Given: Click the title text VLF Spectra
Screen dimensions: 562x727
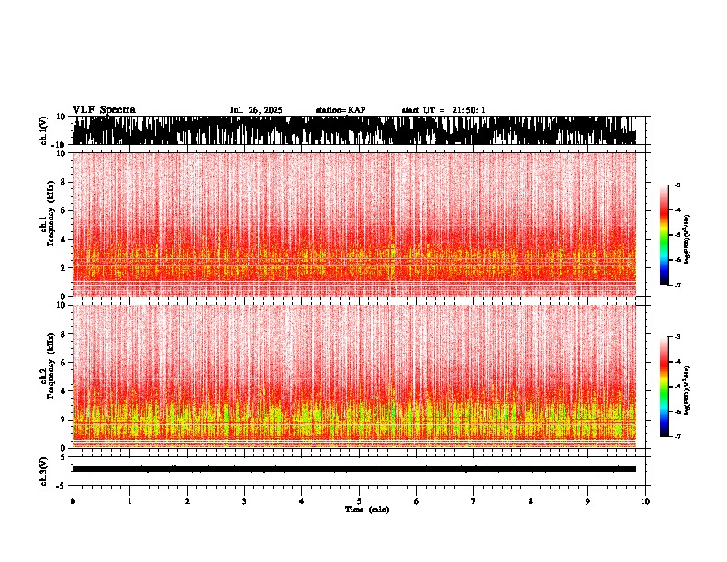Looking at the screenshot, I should pos(104,109).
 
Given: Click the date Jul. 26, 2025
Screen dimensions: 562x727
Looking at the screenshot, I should pos(256,110).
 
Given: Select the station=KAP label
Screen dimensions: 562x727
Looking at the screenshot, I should pos(340,110).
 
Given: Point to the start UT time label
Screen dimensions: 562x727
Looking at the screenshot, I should pos(443,110).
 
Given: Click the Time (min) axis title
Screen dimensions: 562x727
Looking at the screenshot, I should pos(366,509).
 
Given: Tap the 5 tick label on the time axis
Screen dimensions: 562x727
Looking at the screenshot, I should pos(359,500).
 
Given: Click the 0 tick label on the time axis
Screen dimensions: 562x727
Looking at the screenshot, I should pos(73,500).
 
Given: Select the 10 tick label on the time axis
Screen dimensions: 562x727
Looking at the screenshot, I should pos(645,500).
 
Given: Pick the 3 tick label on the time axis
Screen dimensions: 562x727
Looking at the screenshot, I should pos(244,500).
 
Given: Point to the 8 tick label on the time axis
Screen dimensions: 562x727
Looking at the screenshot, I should pos(531,500).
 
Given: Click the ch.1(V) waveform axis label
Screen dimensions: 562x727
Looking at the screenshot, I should pos(43,130).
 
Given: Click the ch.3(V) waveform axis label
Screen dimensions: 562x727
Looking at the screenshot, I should pos(43,469).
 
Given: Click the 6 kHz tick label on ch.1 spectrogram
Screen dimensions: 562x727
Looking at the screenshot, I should pos(62,210).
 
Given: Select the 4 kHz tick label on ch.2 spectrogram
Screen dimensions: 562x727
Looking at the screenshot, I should pos(62,390).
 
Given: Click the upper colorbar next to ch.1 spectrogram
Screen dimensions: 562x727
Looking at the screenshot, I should pos(665,235).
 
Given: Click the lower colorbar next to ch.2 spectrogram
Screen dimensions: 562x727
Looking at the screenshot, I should pos(665,387).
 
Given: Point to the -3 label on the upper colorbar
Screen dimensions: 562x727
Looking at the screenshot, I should pos(677,185).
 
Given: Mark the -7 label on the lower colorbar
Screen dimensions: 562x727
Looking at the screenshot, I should pos(677,437).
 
